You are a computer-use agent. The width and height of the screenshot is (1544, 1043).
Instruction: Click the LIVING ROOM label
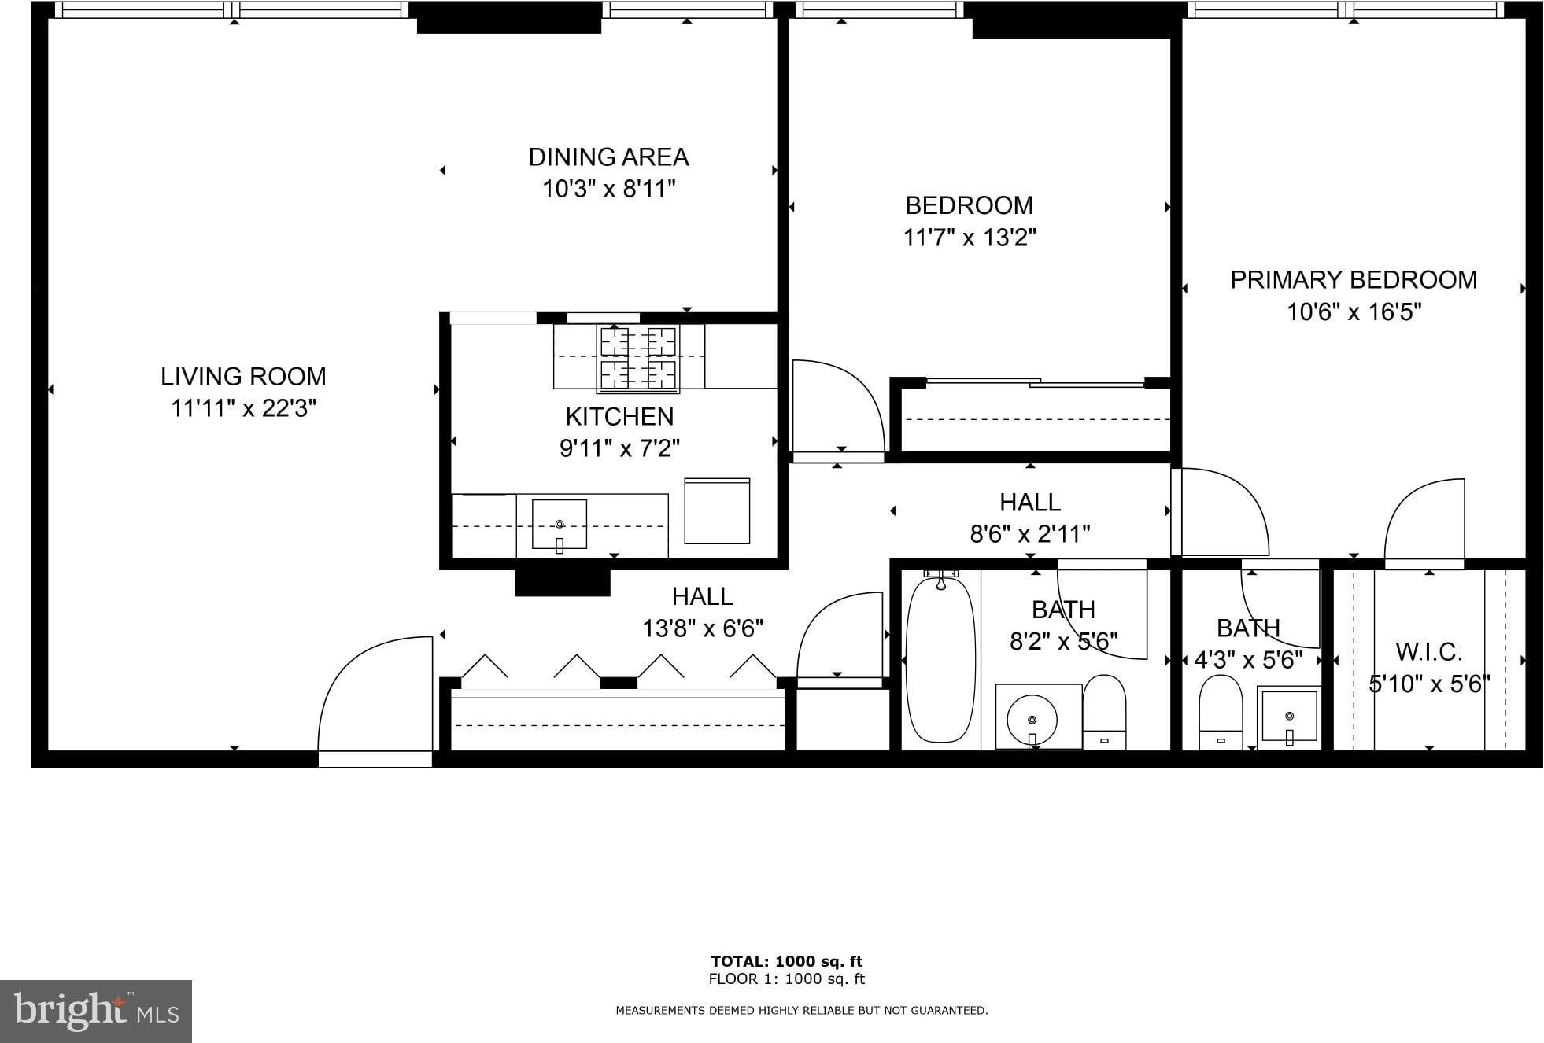pos(243,376)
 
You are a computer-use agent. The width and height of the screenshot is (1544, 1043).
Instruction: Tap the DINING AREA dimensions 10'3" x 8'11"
pos(609,189)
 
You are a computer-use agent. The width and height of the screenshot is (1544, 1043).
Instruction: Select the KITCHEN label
pos(619,416)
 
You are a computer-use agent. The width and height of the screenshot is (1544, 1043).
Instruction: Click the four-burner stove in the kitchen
pos(638,359)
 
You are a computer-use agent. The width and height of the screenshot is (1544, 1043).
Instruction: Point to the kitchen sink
pos(560,524)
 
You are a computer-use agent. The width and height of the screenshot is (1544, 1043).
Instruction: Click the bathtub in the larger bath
pos(940,659)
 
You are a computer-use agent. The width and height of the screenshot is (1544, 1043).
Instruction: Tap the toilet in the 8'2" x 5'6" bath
pos(1104,712)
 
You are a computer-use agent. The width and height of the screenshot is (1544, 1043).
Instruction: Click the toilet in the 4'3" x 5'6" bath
pos(1221,713)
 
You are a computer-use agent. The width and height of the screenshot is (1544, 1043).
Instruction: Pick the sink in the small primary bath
pos(1289,716)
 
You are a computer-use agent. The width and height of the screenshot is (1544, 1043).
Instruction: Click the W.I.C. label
pos(1429,651)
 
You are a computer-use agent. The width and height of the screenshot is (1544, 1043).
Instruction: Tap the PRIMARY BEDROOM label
pos(1354,279)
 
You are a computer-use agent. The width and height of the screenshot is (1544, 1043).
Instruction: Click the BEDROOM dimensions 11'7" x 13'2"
pos(970,237)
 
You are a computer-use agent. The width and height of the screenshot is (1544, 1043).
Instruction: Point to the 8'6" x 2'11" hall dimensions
pos(1030,534)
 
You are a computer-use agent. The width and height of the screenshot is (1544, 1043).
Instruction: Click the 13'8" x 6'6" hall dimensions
pos(703,628)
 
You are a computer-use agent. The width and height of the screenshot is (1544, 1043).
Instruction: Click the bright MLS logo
pos(96,1012)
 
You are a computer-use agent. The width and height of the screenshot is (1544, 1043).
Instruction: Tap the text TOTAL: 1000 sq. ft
pos(787,961)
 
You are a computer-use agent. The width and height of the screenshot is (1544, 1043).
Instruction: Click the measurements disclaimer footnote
pos(802,1010)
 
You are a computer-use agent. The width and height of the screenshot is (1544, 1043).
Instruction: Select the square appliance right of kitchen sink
pos(717,510)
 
